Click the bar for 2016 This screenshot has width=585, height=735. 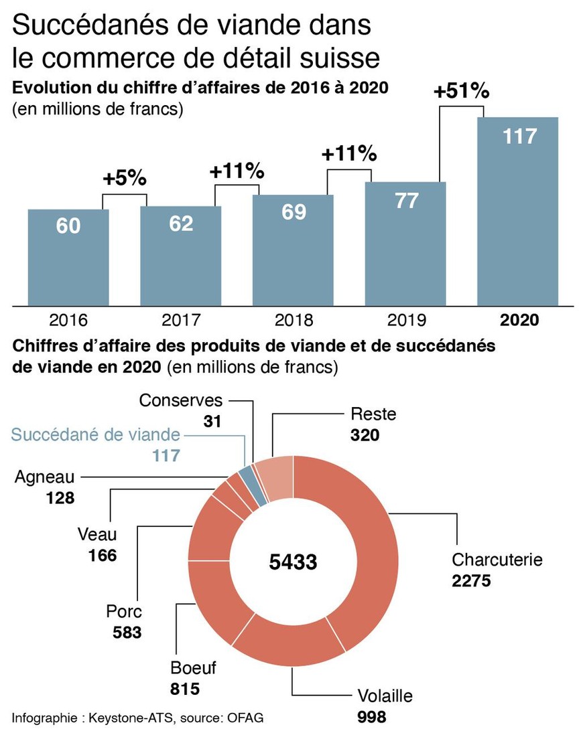68,258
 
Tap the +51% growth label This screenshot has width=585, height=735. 462,92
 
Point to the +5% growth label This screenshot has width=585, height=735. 124,179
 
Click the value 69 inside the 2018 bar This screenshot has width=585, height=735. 293,212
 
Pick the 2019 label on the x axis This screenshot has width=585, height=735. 405,320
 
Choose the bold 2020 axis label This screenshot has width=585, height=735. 519,320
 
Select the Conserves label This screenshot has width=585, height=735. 181,400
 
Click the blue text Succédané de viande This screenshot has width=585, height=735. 95,435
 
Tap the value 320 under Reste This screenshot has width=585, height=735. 365,435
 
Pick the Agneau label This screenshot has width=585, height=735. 44,477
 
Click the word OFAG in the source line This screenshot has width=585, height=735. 245,718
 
